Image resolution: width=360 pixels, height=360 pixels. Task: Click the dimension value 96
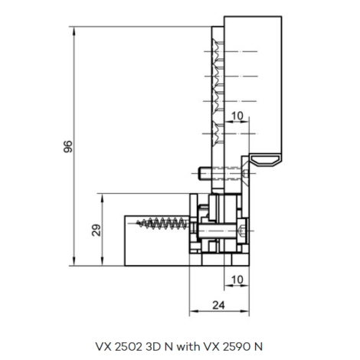pyautogui.click(x=68, y=146)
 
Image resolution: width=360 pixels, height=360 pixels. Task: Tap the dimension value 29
pyautogui.click(x=97, y=230)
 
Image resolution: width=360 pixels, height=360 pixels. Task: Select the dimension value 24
pyautogui.click(x=219, y=305)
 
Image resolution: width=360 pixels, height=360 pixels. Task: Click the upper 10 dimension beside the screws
pyautogui.click(x=237, y=116)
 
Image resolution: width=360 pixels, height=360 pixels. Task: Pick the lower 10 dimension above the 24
pyautogui.click(x=237, y=280)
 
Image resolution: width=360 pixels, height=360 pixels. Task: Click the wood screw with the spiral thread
pyautogui.click(x=163, y=224)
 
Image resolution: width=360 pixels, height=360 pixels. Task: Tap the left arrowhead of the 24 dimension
pyautogui.click(x=194, y=311)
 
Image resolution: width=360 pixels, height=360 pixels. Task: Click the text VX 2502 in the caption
pyautogui.click(x=119, y=346)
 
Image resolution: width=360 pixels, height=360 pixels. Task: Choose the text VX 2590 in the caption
pyautogui.click(x=227, y=346)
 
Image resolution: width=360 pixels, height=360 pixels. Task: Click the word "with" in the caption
pyautogui.click(x=188, y=346)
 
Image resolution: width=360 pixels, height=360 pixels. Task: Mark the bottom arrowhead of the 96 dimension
pyautogui.click(x=74, y=261)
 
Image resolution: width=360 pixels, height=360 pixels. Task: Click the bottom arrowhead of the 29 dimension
pyautogui.click(x=103, y=261)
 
